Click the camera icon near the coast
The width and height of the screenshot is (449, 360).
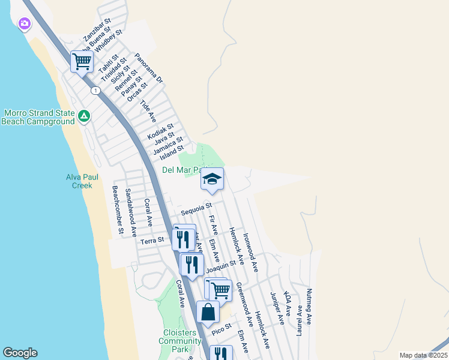coord(25,24)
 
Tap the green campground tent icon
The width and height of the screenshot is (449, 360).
coord(85,116)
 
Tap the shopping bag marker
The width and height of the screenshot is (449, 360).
coord(208,312)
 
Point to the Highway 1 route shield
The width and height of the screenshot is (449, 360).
coord(95,91)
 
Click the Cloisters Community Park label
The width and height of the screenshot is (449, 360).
coord(180,341)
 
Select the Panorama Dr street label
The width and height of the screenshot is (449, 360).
coord(149,67)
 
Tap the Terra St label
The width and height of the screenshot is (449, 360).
coord(152,241)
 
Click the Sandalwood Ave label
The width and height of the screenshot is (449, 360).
coord(130,212)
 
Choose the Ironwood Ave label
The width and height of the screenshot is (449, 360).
coord(250,253)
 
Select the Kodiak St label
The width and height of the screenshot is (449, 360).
coord(160,130)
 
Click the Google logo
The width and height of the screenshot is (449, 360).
coord(20,353)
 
